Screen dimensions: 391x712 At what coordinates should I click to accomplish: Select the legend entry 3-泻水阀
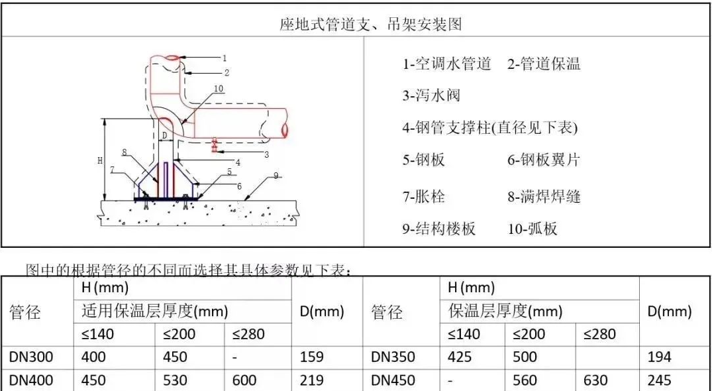click(431, 95)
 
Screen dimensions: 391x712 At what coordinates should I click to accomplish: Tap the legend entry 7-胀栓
click(423, 196)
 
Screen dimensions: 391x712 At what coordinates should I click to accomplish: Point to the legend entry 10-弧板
click(533, 229)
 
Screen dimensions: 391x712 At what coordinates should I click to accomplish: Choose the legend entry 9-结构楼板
click(438, 229)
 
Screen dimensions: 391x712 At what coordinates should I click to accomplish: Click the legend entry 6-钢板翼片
click(543, 160)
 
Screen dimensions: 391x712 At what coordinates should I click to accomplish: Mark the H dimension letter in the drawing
click(100, 160)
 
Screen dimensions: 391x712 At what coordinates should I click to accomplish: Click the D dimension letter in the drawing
click(165, 135)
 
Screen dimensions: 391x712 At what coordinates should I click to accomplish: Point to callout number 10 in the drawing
click(219, 88)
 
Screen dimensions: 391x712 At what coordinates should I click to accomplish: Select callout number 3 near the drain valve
click(266, 154)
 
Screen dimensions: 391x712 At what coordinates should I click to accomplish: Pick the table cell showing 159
click(312, 357)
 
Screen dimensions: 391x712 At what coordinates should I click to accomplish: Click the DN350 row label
click(393, 357)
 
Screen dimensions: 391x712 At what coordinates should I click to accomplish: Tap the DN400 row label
click(31, 380)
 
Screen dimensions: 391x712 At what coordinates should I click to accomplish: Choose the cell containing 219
click(312, 380)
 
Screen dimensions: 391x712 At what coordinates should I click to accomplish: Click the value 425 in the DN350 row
click(460, 357)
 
